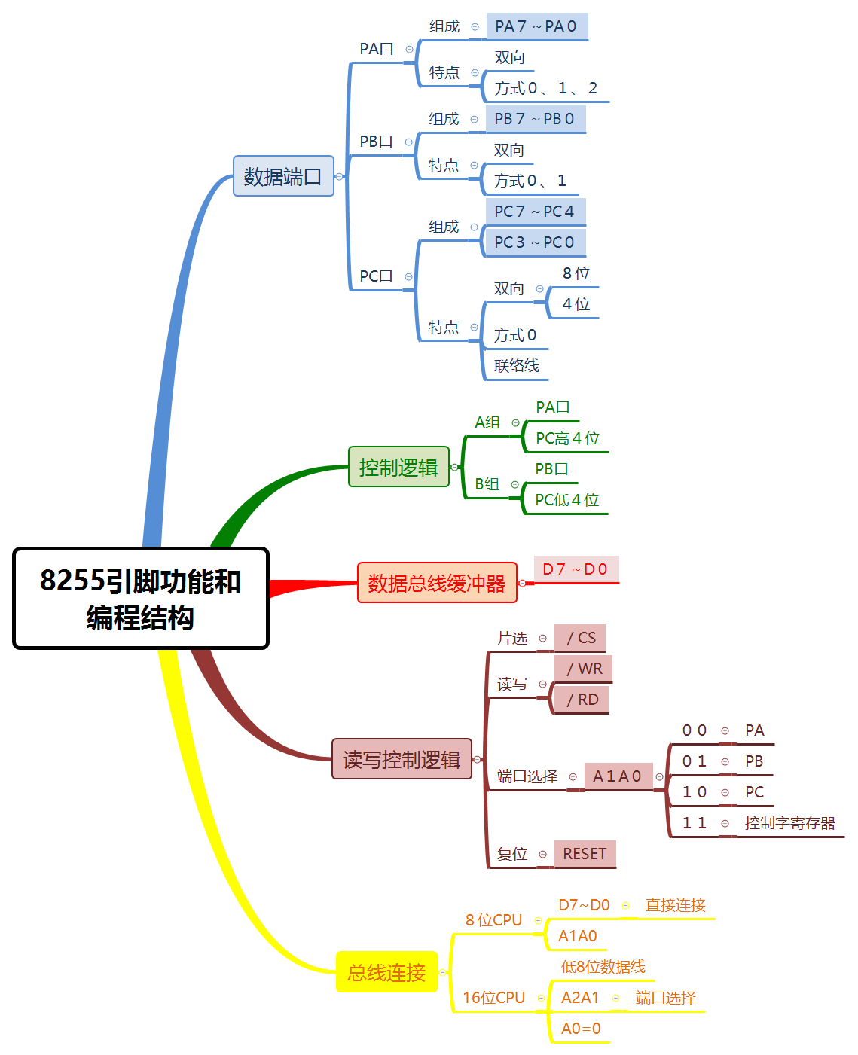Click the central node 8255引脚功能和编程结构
pyautogui.click(x=141, y=599)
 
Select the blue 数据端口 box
pyautogui.click(x=283, y=176)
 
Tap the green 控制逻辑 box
pyautogui.click(x=398, y=467)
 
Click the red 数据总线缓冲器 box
pyautogui.click(x=437, y=583)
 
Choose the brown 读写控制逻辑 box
pyautogui.click(x=402, y=759)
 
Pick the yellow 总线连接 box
pyautogui.click(x=386, y=972)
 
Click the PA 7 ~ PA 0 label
pyautogui.click(x=536, y=26)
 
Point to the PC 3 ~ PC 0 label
pyautogui.click(x=535, y=242)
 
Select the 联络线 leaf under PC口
pyautogui.click(x=517, y=366)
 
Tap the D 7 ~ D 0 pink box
pyautogui.click(x=576, y=569)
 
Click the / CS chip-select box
pyautogui.click(x=580, y=639)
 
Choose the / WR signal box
pyautogui.click(x=584, y=669)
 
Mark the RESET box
pyautogui.click(x=585, y=854)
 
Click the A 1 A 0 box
pyautogui.click(x=617, y=776)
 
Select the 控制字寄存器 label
pyautogui.click(x=789, y=823)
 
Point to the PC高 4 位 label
pyautogui.click(x=567, y=438)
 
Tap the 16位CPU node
pyautogui.click(x=493, y=998)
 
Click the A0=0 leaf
pyautogui.click(x=581, y=1029)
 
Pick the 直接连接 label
pyautogui.click(x=675, y=905)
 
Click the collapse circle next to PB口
pyautogui.click(x=408, y=142)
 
